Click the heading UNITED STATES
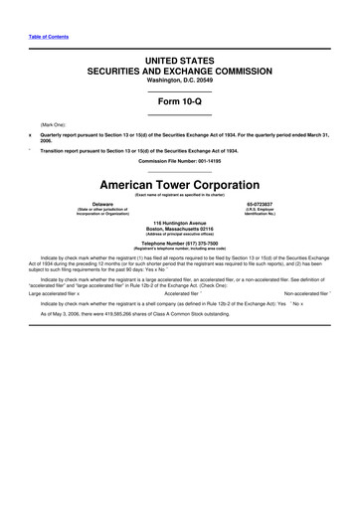180,62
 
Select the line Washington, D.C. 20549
180,82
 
